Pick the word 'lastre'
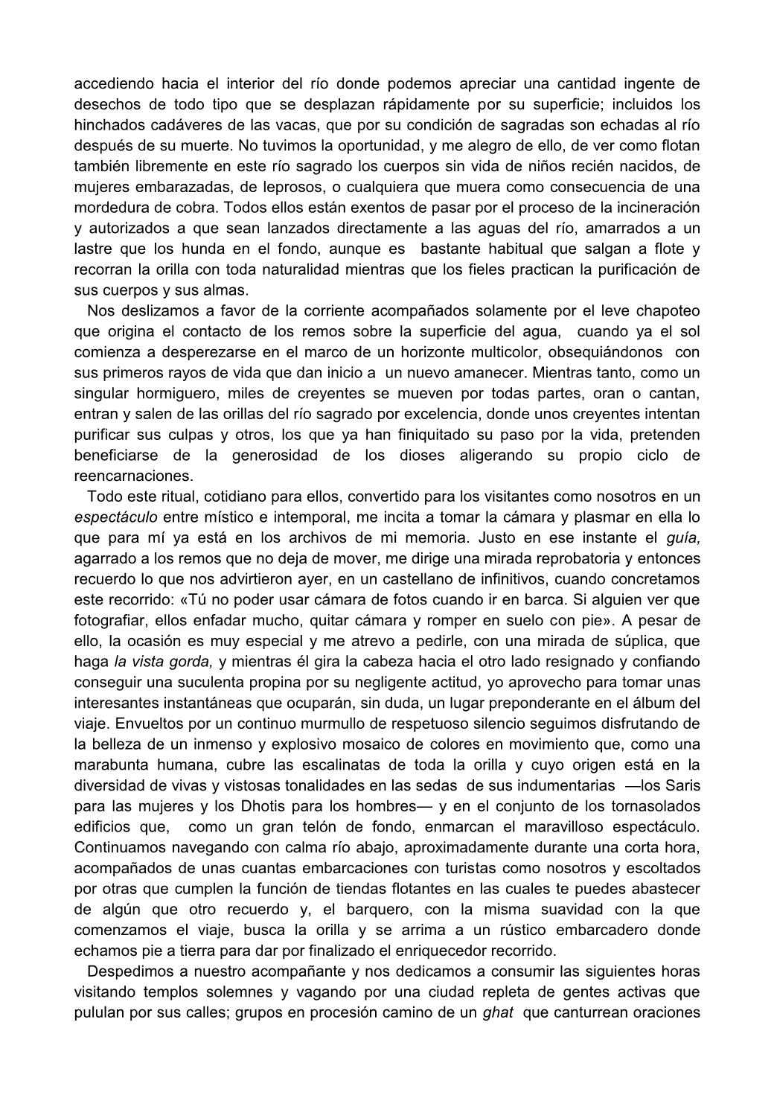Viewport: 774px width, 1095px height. (95, 249)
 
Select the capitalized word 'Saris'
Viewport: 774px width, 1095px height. (681, 785)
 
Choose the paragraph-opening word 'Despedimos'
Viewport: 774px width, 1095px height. (133, 971)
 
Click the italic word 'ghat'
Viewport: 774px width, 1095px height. (498, 1012)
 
